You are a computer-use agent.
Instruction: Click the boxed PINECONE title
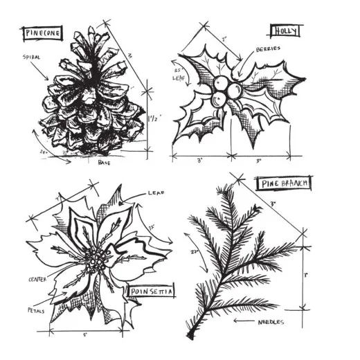pyautogui.click(x=42, y=33)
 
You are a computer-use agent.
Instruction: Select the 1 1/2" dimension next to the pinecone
pyautogui.click(x=155, y=118)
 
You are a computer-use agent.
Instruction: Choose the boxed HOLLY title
pyautogui.click(x=284, y=31)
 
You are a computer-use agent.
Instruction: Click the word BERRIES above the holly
pyautogui.click(x=267, y=50)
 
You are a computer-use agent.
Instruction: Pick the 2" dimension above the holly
pyautogui.click(x=224, y=39)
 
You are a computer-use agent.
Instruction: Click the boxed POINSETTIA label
pyautogui.click(x=150, y=291)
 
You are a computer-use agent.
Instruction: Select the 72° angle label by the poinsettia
pyautogui.click(x=151, y=226)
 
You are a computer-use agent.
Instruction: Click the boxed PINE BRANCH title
pyautogui.click(x=284, y=183)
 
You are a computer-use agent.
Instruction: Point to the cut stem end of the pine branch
pyautogui.click(x=191, y=335)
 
